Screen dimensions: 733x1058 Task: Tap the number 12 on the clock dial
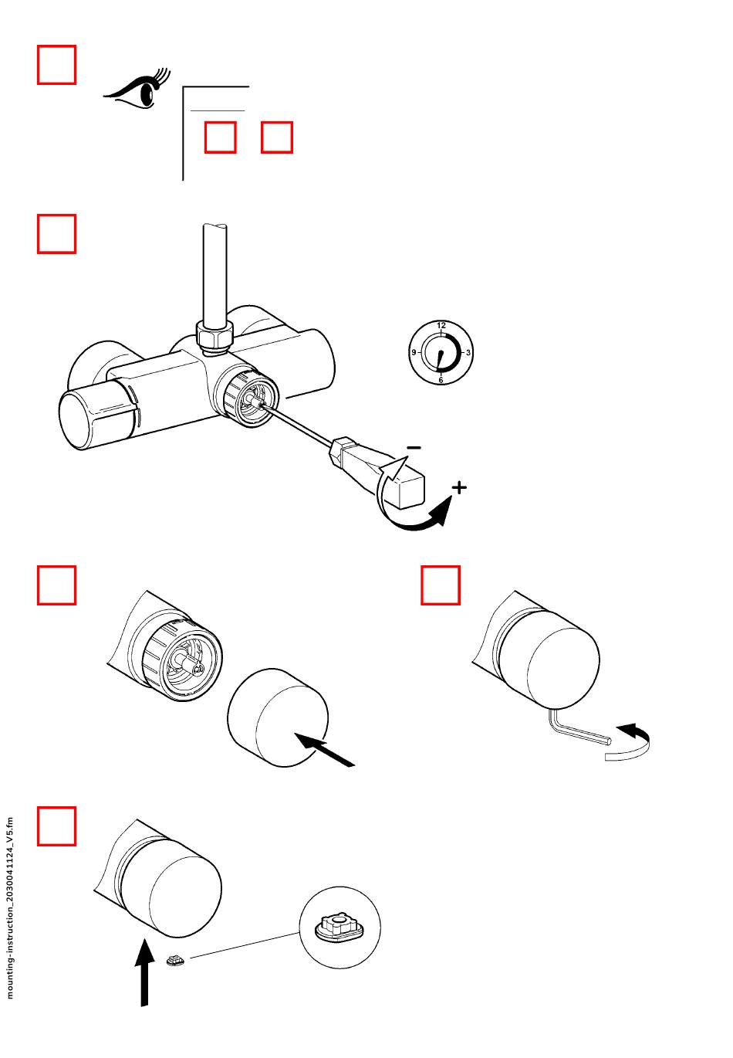pos(441,325)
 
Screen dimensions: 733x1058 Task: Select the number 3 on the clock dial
pos(468,352)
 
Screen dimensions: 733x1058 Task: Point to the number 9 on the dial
pos(414,352)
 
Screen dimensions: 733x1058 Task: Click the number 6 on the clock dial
pos(441,380)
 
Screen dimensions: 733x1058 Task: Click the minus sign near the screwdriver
pos(414,447)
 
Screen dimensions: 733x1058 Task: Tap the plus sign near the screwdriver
pos(459,487)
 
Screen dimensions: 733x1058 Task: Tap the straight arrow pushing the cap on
pos(324,749)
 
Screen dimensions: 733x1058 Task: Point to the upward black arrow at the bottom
pos(144,973)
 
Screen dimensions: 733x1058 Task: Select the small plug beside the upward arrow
pos(175,960)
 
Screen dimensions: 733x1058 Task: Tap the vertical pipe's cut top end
pos(214,228)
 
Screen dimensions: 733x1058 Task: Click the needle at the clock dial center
pos(440,359)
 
